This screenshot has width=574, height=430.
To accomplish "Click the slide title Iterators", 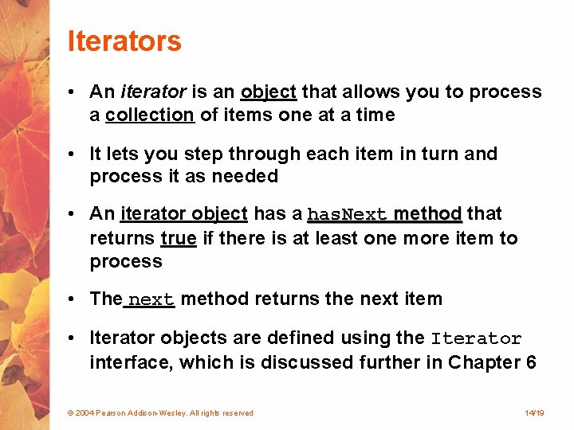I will (124, 41).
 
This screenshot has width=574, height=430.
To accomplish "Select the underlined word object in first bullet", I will (269, 92).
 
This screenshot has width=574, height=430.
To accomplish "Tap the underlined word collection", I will (150, 115).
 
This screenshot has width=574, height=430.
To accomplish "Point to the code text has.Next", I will (348, 215).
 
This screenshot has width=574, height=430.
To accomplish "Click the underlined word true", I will (179, 238).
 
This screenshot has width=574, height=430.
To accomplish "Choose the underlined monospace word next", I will (151, 300).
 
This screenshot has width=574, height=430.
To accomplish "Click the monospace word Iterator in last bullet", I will (476, 338).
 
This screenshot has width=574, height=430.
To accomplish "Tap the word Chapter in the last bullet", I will (485, 362).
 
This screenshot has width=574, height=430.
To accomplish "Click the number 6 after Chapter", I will (531, 362).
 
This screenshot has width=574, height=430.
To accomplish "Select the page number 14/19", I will (534, 413).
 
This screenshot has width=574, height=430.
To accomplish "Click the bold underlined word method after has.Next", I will (427, 214).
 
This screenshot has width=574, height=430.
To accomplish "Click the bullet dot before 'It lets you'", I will (72, 154).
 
